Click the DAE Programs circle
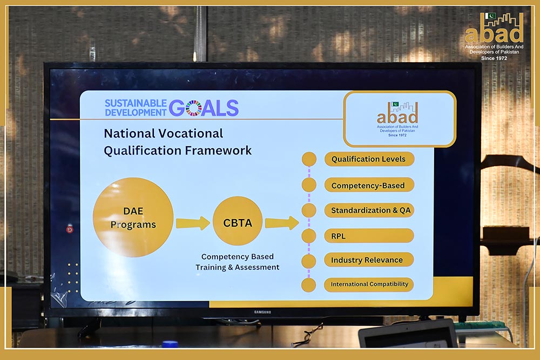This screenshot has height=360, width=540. coord(133,217)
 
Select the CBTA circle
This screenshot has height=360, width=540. coord(238,221)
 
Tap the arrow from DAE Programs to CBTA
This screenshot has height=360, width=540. coord(193,223)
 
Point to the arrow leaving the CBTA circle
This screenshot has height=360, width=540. coord(282,223)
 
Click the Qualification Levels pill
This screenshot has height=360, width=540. coord(369,159)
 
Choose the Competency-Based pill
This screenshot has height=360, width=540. coord(369,185)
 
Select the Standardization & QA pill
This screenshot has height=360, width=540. coord(369,210)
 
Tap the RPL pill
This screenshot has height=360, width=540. coord(369,236)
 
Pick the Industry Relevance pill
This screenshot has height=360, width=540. coord(369,260)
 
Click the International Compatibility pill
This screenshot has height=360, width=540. coord(369,284)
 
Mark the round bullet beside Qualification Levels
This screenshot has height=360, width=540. coord(309,159)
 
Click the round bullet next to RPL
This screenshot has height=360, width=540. coord(308,236)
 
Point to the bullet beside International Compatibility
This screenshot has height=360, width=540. coord(308,286)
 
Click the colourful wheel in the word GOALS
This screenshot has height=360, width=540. coord(193,108)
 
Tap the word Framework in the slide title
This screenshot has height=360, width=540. coord(218,151)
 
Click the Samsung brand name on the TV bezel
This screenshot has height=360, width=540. coord(262,312)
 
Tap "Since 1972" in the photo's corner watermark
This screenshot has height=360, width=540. coord(494,58)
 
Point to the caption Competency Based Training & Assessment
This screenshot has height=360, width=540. coord(237,262)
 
